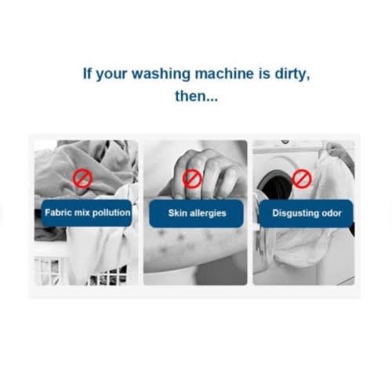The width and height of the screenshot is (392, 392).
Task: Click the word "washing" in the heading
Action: pyautogui.click(x=161, y=74)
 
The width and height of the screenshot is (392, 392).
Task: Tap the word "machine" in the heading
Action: pyautogui.click(x=224, y=74)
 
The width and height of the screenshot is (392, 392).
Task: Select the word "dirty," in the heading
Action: pyautogui.click(x=292, y=74)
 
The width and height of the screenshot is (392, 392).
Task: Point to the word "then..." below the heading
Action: pyautogui.click(x=196, y=96)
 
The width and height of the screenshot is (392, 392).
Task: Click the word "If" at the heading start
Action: pyautogui.click(x=87, y=74)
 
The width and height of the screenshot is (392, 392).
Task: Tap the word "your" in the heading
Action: pyautogui.click(x=111, y=75)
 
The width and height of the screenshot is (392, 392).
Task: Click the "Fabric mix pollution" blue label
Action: pyautogui.click(x=86, y=213)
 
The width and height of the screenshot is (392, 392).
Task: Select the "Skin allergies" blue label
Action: pyautogui.click(x=196, y=213)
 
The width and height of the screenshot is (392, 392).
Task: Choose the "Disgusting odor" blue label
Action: pyautogui.click(x=306, y=213)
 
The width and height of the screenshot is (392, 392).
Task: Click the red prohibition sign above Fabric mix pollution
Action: pyautogui.click(x=82, y=178)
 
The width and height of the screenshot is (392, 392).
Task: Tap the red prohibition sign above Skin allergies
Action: pyautogui.click(x=192, y=179)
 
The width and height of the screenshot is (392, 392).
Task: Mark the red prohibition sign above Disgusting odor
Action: pyautogui.click(x=302, y=179)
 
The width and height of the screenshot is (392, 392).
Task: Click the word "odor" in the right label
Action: pyautogui.click(x=332, y=213)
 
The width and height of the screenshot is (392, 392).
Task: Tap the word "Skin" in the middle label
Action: pyautogui.click(x=178, y=213)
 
